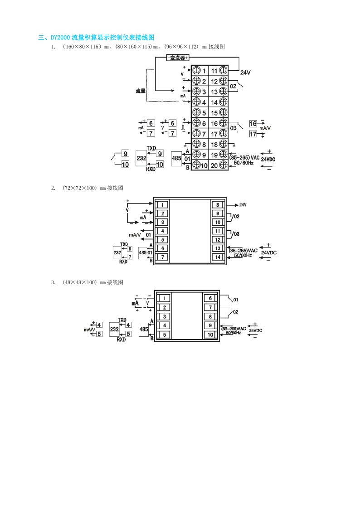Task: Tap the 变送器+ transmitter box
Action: click(178, 58)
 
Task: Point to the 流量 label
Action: click(141, 91)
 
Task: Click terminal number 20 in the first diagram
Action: click(214, 165)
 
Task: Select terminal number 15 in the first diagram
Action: click(214, 112)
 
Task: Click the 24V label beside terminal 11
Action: click(245, 73)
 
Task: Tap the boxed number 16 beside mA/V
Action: click(253, 124)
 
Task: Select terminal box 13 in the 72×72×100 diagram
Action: click(218, 248)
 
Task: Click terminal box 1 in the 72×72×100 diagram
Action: click(162, 204)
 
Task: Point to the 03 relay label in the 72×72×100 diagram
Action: click(236, 234)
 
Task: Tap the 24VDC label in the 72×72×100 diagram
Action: click(269, 252)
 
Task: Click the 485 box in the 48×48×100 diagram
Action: click(143, 330)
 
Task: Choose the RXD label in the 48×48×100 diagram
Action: click(121, 339)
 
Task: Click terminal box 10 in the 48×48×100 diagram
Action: click(210, 334)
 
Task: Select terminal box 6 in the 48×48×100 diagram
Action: click(210, 298)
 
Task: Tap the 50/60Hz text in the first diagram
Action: click(243, 162)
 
